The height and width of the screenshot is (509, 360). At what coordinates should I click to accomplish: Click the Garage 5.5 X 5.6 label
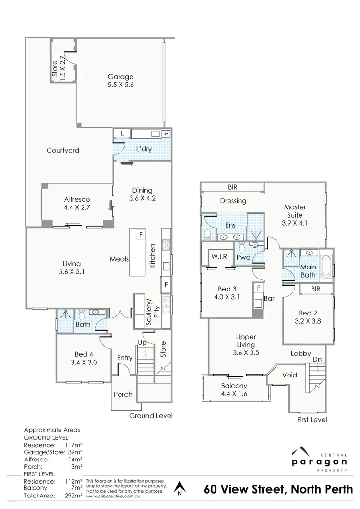tap(120, 80)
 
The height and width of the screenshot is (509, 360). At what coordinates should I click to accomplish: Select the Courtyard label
tap(63, 150)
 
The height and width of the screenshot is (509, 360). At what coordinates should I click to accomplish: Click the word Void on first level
tap(289, 375)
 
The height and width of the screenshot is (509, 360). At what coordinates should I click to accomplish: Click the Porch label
tap(123, 394)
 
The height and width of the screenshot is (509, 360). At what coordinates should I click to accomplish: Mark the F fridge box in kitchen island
tap(141, 235)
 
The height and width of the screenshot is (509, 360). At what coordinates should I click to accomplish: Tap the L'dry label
tap(144, 149)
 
